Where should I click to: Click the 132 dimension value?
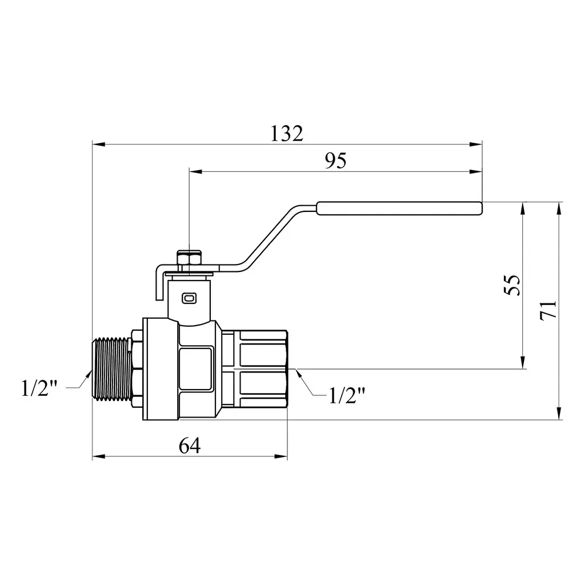[287, 133]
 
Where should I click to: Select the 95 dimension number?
[335, 161]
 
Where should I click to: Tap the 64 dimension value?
[190, 446]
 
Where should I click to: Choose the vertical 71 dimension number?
[548, 309]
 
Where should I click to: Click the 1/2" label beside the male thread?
[39, 388]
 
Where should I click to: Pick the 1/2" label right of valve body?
[347, 395]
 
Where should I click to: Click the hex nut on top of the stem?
[190, 258]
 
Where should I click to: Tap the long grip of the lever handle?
[399, 209]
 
